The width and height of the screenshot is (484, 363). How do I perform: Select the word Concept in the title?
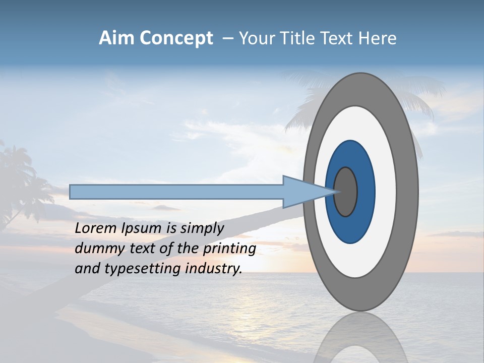point(176,38)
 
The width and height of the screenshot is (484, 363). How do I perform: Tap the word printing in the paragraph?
point(229,249)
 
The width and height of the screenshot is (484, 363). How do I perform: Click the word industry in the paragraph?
point(214,269)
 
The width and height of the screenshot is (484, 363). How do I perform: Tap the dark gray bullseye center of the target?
point(346,192)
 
